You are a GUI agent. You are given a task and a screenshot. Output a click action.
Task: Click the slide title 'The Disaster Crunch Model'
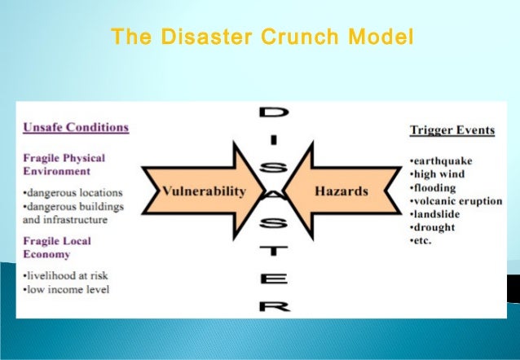(262, 37)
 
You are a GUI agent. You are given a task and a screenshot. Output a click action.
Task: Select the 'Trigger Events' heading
(451, 130)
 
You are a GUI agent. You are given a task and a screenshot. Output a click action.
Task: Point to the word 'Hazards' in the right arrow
(341, 192)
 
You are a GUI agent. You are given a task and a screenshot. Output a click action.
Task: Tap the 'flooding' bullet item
(434, 187)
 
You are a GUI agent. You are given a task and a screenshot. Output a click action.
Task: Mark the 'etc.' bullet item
(421, 241)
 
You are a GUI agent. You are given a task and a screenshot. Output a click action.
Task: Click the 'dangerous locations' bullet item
(73, 193)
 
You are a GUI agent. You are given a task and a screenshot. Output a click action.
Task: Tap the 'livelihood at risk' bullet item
(68, 275)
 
